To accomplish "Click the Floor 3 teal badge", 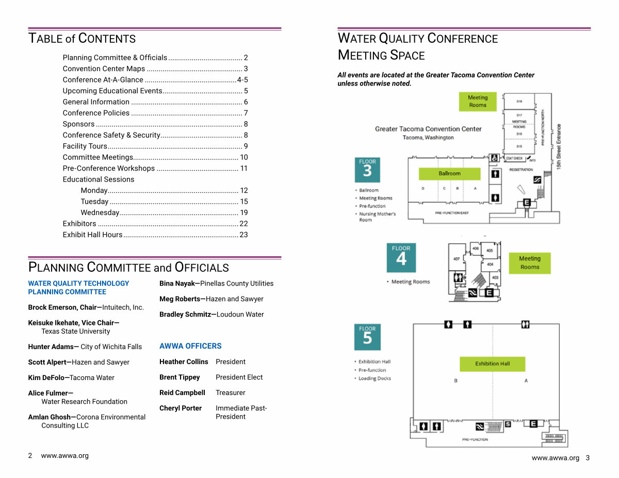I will click(x=367, y=170).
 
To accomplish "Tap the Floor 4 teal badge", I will click(x=401, y=257).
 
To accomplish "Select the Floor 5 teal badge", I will click(x=367, y=337).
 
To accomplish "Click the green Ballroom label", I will click(x=449, y=174).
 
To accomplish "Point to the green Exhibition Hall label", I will click(x=492, y=364).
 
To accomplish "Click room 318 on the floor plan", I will click(x=519, y=102).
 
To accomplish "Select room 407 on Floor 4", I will click(x=457, y=259).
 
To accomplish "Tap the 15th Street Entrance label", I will click(x=559, y=147).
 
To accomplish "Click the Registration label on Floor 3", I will click(x=521, y=170).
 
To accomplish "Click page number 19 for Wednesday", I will click(x=243, y=212).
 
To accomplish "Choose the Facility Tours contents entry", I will click(x=85, y=146).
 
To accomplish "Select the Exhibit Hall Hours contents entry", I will click(x=93, y=235).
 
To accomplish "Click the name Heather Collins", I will click(x=184, y=361).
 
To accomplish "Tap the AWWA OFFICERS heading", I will click(x=190, y=346).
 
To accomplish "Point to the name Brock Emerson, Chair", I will click(x=62, y=307).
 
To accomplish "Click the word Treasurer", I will click(x=230, y=392).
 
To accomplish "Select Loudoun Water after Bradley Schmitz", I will click(x=240, y=314).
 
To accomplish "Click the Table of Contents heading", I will click(x=82, y=39).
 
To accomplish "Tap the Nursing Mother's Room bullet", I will click(x=377, y=217).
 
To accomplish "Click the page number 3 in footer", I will click(x=588, y=458).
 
